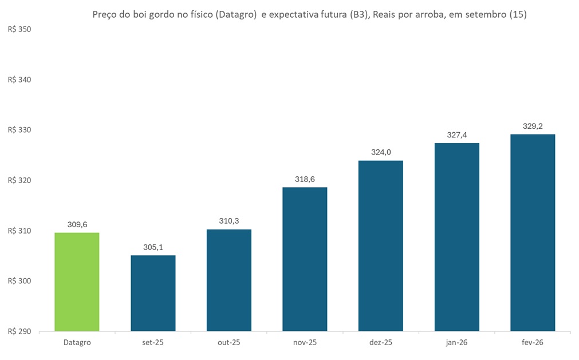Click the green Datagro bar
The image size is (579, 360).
click(77, 282)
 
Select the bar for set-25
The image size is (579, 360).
click(153, 293)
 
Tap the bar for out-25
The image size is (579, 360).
click(229, 280)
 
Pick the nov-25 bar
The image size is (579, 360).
click(305, 259)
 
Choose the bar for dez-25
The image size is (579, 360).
click(381, 246)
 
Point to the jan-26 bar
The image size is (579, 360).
click(456, 237)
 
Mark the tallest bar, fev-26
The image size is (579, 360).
click(533, 232)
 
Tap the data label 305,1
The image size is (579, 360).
click(153, 248)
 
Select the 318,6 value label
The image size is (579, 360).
click(305, 180)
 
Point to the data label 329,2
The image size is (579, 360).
click(533, 126)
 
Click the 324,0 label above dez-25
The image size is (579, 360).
click(381, 153)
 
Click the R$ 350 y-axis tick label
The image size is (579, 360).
click(19, 29)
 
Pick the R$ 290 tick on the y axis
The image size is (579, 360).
click(19, 331)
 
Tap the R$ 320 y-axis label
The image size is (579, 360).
click(19, 180)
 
